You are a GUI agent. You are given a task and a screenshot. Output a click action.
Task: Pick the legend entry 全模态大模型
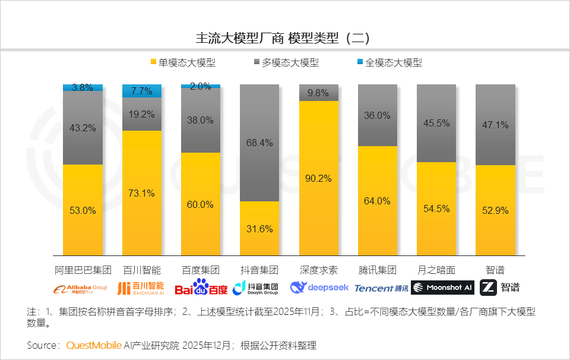(x=389, y=62)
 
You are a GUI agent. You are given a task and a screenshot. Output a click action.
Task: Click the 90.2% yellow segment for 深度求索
(x=319, y=178)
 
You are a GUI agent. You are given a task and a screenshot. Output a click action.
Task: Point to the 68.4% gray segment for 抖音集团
(x=259, y=143)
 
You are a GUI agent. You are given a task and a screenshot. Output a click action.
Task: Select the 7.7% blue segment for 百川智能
(x=142, y=91)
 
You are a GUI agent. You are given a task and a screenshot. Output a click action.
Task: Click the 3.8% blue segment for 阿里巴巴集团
(x=83, y=88)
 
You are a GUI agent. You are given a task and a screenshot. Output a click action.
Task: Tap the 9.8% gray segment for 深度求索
(x=319, y=93)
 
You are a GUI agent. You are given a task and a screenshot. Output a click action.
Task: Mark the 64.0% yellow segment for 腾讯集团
(x=378, y=201)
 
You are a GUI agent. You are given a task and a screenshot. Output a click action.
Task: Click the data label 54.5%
(x=436, y=209)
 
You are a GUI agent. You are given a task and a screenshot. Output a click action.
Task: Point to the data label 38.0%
(x=201, y=119)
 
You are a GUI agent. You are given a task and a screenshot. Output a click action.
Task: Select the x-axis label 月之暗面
(x=436, y=270)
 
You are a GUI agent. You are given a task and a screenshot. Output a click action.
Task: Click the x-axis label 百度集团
(x=201, y=270)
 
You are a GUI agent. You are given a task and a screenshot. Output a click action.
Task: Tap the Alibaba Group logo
(x=81, y=289)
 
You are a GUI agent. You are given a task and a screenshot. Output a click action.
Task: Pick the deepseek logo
(x=319, y=288)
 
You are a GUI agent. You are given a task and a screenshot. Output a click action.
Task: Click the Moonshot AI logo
(x=442, y=288)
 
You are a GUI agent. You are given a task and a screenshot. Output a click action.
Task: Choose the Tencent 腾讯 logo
(x=381, y=288)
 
